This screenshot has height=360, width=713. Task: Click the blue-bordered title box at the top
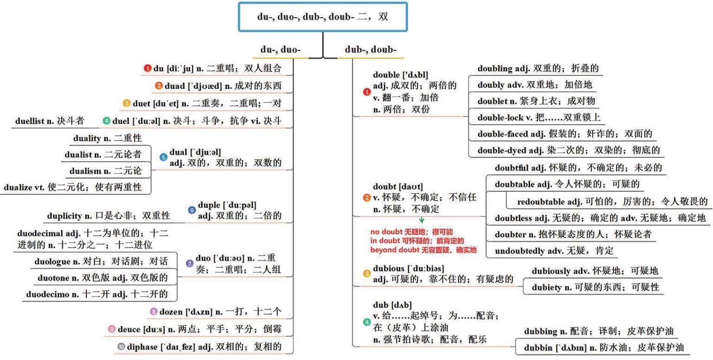(x=323, y=17)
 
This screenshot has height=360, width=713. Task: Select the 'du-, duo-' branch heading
(x=280, y=50)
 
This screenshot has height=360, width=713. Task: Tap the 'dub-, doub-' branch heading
(x=371, y=50)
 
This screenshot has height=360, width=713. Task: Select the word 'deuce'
(x=129, y=329)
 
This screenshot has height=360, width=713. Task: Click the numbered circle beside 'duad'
(x=158, y=86)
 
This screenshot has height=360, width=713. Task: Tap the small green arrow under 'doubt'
(x=421, y=220)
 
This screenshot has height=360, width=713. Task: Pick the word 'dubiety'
(x=546, y=288)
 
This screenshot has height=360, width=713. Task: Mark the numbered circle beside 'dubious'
(x=367, y=274)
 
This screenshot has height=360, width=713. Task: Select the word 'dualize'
(x=20, y=187)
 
